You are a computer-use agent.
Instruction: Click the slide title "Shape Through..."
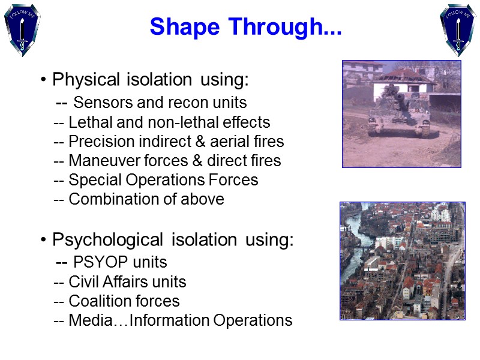pos(245,27)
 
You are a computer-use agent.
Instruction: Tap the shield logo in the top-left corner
pos(23,29)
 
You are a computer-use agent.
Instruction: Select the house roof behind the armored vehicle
pos(408,75)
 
